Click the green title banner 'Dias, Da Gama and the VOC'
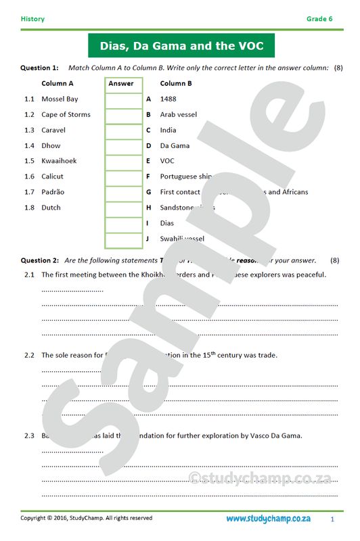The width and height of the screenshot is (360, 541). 181,46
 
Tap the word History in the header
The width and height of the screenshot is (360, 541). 32,19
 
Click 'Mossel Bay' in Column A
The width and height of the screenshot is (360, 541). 60,99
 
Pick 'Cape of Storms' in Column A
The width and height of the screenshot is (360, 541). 66,114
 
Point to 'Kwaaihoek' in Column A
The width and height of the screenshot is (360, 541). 59,161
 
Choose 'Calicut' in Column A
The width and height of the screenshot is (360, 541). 52,177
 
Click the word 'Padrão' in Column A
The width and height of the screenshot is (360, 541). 53,192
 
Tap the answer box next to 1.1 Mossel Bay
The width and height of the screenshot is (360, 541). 123,99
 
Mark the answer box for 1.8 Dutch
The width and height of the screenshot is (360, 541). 123,208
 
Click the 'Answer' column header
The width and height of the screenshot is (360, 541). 121,84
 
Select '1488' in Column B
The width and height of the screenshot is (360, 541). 168,99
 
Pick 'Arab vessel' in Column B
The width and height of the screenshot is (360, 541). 179,114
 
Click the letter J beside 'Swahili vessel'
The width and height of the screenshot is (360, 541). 148,239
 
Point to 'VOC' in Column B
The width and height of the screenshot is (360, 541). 167,161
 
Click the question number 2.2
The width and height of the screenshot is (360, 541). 30,355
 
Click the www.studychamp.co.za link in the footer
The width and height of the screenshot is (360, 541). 269,519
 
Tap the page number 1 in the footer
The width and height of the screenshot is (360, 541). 332,519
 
